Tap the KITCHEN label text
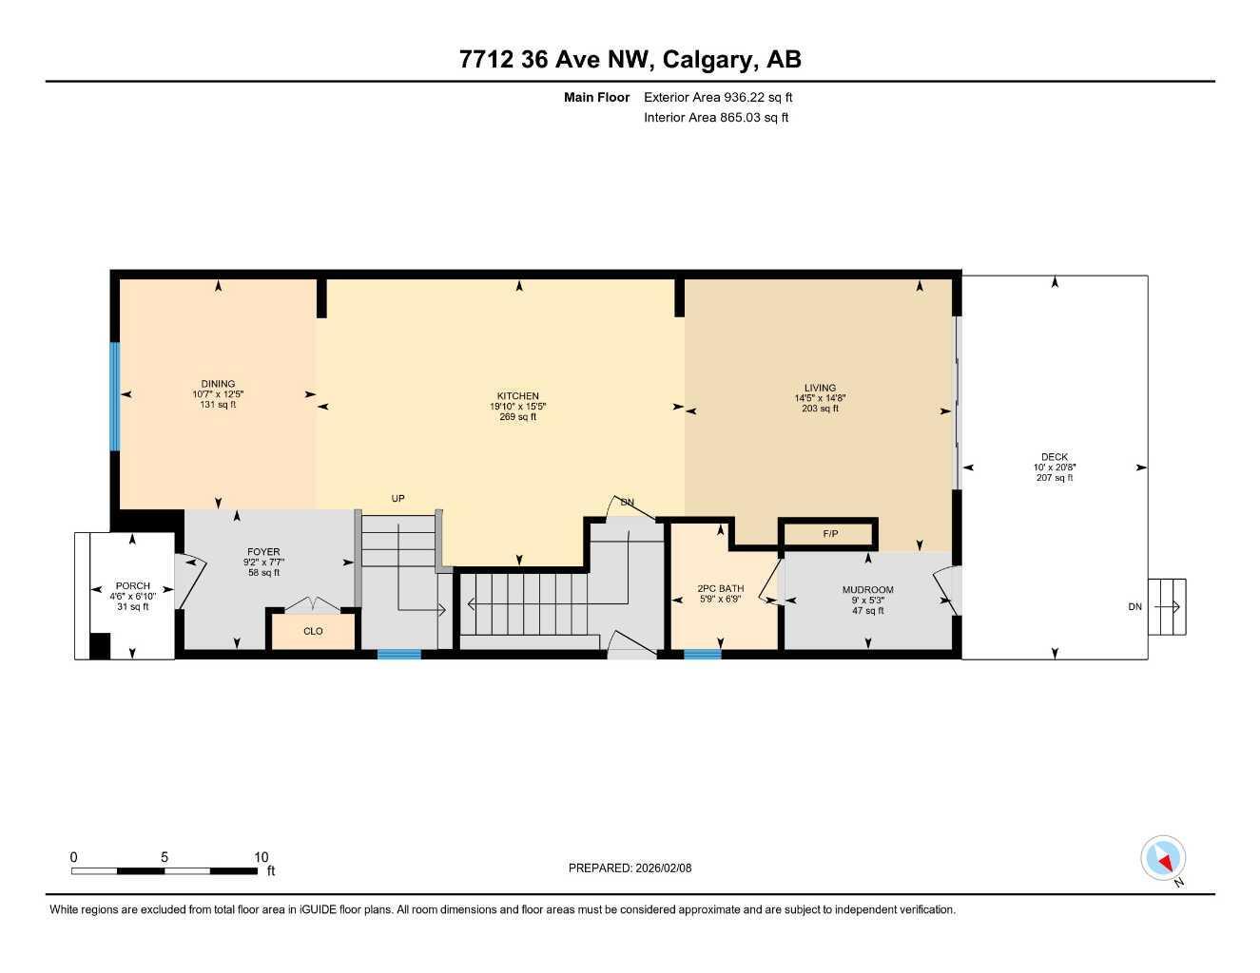[518, 396]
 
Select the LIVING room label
[820, 388]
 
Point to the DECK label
[1055, 457]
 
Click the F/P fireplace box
[829, 534]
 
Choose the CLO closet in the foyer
[313, 631]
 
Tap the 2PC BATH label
[720, 589]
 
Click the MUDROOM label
[867, 590]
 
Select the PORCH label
[132, 586]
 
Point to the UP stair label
[398, 499]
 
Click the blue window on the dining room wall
[115, 396]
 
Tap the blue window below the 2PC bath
[702, 654]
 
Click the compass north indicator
[1163, 859]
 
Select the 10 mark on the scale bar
[262, 856]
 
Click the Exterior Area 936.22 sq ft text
[718, 97]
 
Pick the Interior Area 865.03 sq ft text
[716, 118]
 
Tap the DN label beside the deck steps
[1134, 607]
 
